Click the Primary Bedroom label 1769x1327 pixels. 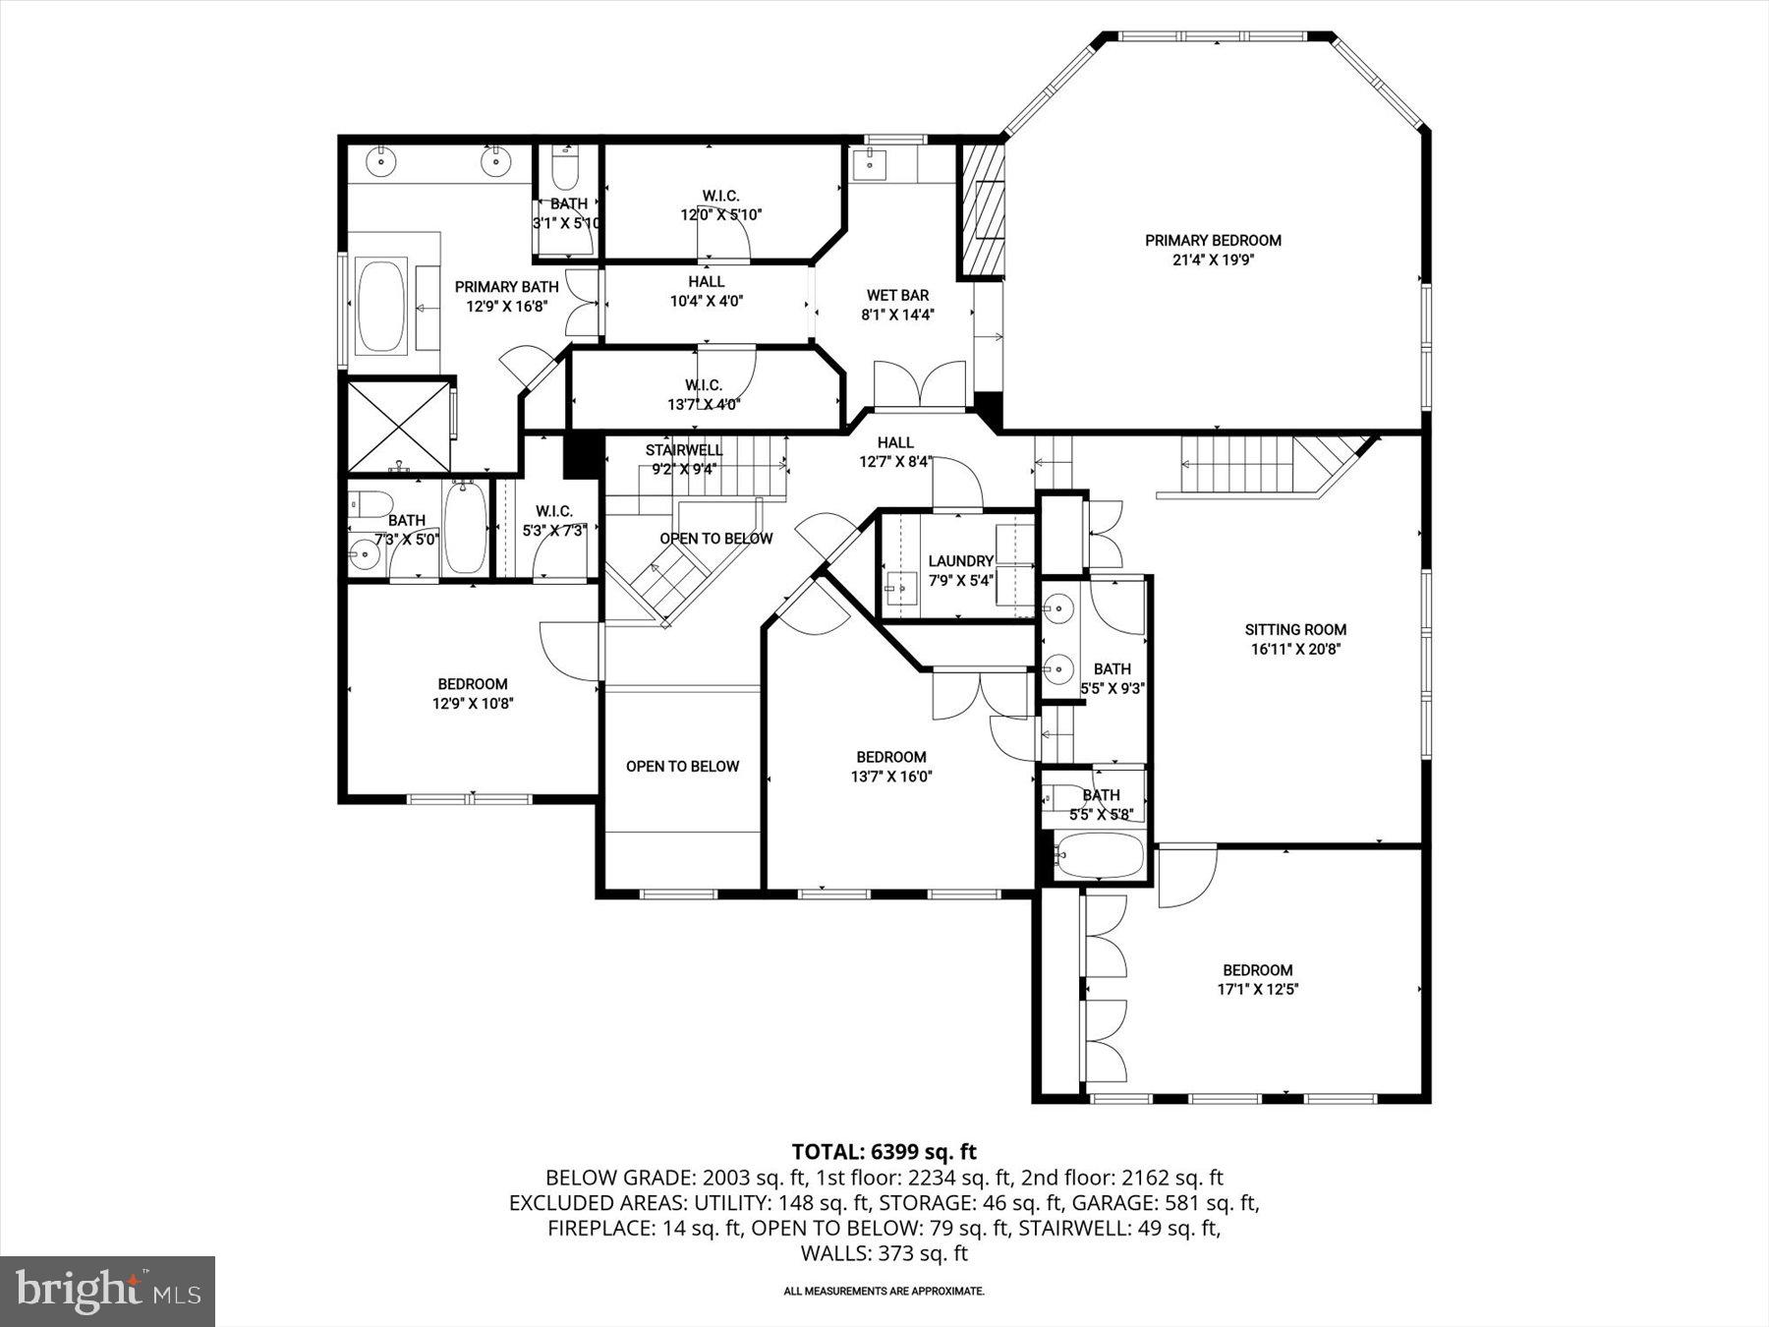(x=1213, y=241)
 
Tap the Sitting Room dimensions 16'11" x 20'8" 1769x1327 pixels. (x=1295, y=649)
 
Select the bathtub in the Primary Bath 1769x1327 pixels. (x=379, y=305)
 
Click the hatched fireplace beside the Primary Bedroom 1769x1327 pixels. (x=982, y=210)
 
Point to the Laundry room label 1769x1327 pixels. (x=960, y=561)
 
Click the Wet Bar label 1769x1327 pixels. (x=896, y=295)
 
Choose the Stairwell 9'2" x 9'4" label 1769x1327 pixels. (x=684, y=450)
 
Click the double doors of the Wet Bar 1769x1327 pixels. (x=920, y=384)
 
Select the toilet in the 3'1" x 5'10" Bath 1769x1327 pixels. (x=565, y=171)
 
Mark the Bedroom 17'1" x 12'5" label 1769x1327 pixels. (x=1257, y=970)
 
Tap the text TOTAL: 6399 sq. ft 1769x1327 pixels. (x=884, y=1151)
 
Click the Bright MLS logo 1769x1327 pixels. (x=107, y=1291)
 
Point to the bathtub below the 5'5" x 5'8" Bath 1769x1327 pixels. (x=1099, y=855)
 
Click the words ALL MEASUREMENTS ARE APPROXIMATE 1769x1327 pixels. (x=884, y=1292)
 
